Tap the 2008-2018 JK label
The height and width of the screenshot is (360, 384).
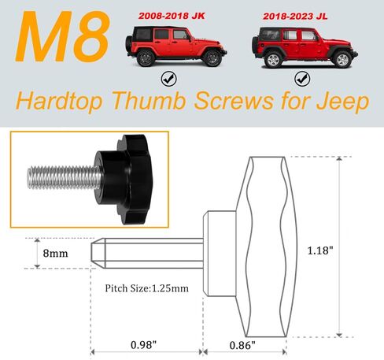point(179,15)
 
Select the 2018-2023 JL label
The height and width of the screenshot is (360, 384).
point(302,15)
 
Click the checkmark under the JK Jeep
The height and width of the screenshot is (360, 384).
point(168,78)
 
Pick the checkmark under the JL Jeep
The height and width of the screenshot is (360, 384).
point(301,78)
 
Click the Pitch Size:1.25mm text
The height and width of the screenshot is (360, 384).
point(147,288)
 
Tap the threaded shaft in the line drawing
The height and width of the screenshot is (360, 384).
point(146,253)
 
